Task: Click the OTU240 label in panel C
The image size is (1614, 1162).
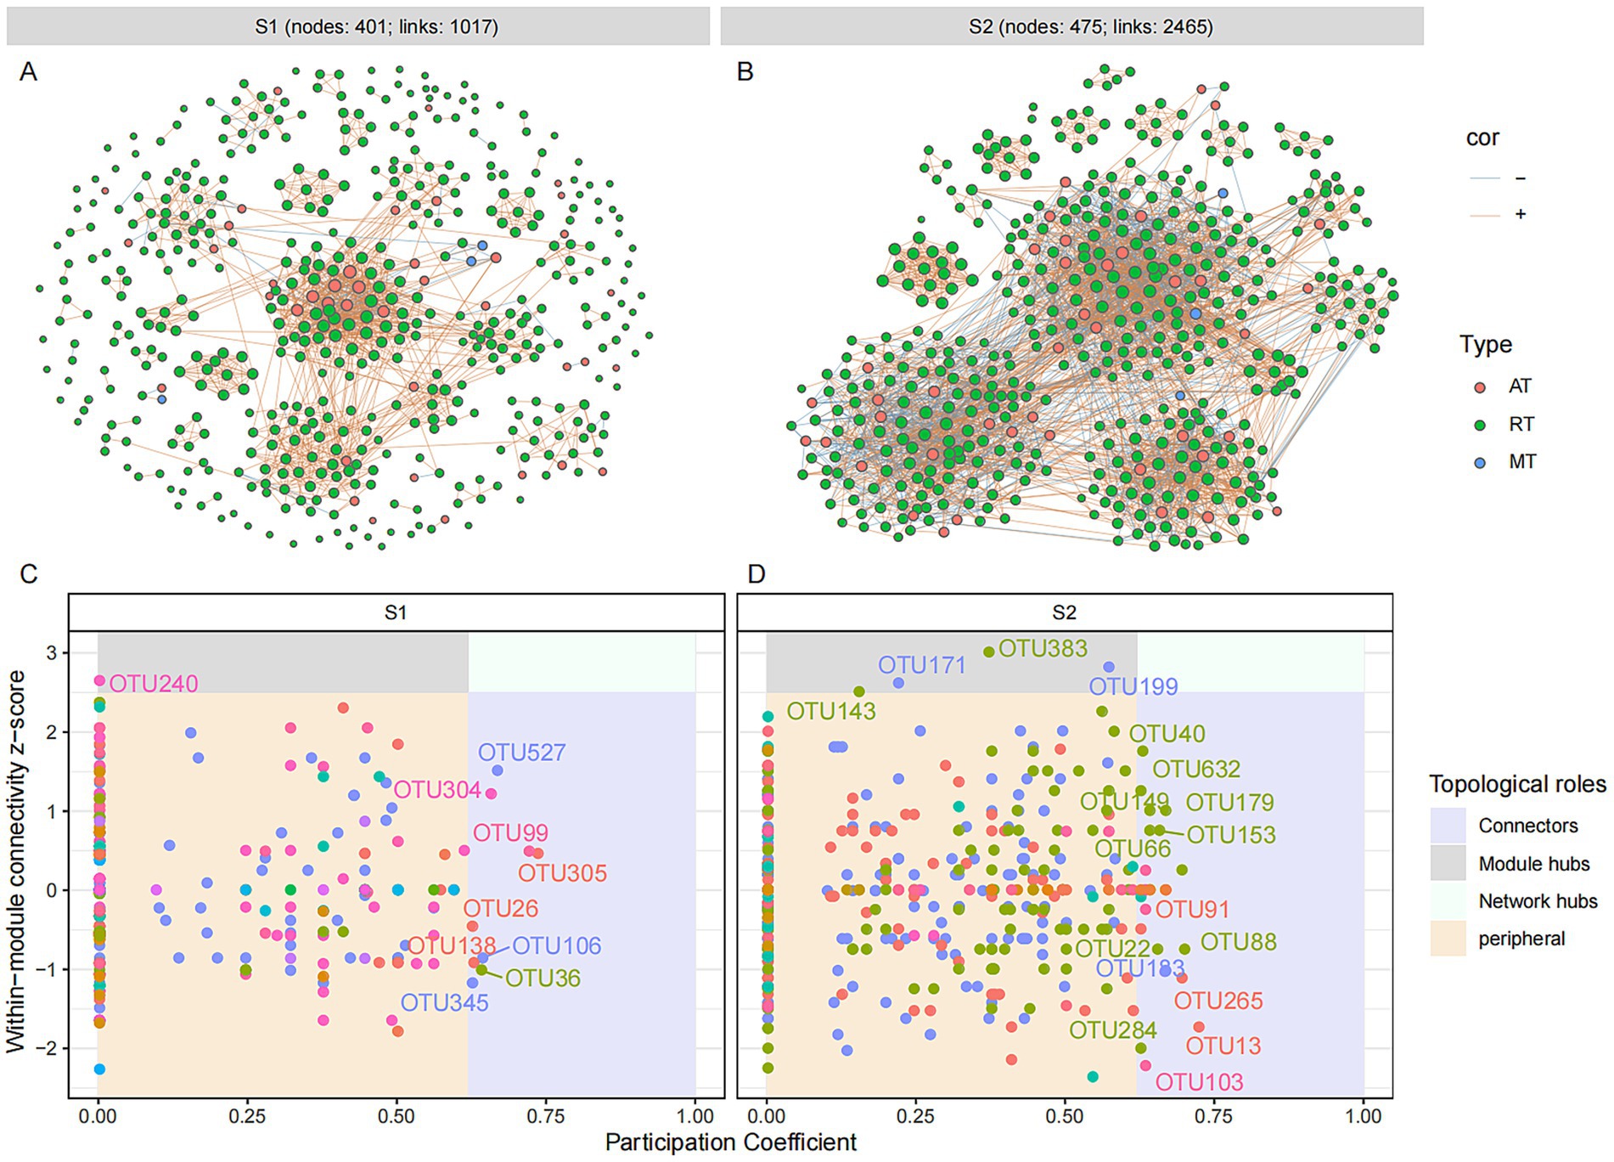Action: (x=154, y=684)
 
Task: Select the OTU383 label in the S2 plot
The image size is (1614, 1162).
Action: (x=1043, y=648)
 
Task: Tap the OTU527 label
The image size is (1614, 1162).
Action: (x=521, y=753)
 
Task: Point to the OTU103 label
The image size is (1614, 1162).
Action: (x=1199, y=1082)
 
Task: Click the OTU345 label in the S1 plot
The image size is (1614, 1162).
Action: (x=444, y=1003)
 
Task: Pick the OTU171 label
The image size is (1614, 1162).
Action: (x=922, y=665)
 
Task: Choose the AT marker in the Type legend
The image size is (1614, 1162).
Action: (x=1481, y=386)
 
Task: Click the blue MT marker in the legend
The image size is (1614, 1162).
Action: (x=1481, y=462)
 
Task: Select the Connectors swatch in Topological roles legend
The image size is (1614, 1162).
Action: (x=1448, y=826)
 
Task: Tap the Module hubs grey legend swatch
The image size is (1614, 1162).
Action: (x=1448, y=864)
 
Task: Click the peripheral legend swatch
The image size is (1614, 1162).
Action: (x=1448, y=939)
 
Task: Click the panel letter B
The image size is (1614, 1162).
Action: (x=745, y=72)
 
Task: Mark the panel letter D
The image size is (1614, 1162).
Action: (x=756, y=574)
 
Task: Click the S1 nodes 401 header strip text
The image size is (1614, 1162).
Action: (x=376, y=27)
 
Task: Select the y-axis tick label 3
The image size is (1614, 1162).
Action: (x=52, y=653)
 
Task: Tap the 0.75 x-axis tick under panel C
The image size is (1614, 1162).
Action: (x=545, y=1116)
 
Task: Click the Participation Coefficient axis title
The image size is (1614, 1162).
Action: (x=730, y=1143)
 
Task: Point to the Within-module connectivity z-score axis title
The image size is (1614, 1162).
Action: (x=16, y=861)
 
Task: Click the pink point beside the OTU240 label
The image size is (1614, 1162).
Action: (x=99, y=680)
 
